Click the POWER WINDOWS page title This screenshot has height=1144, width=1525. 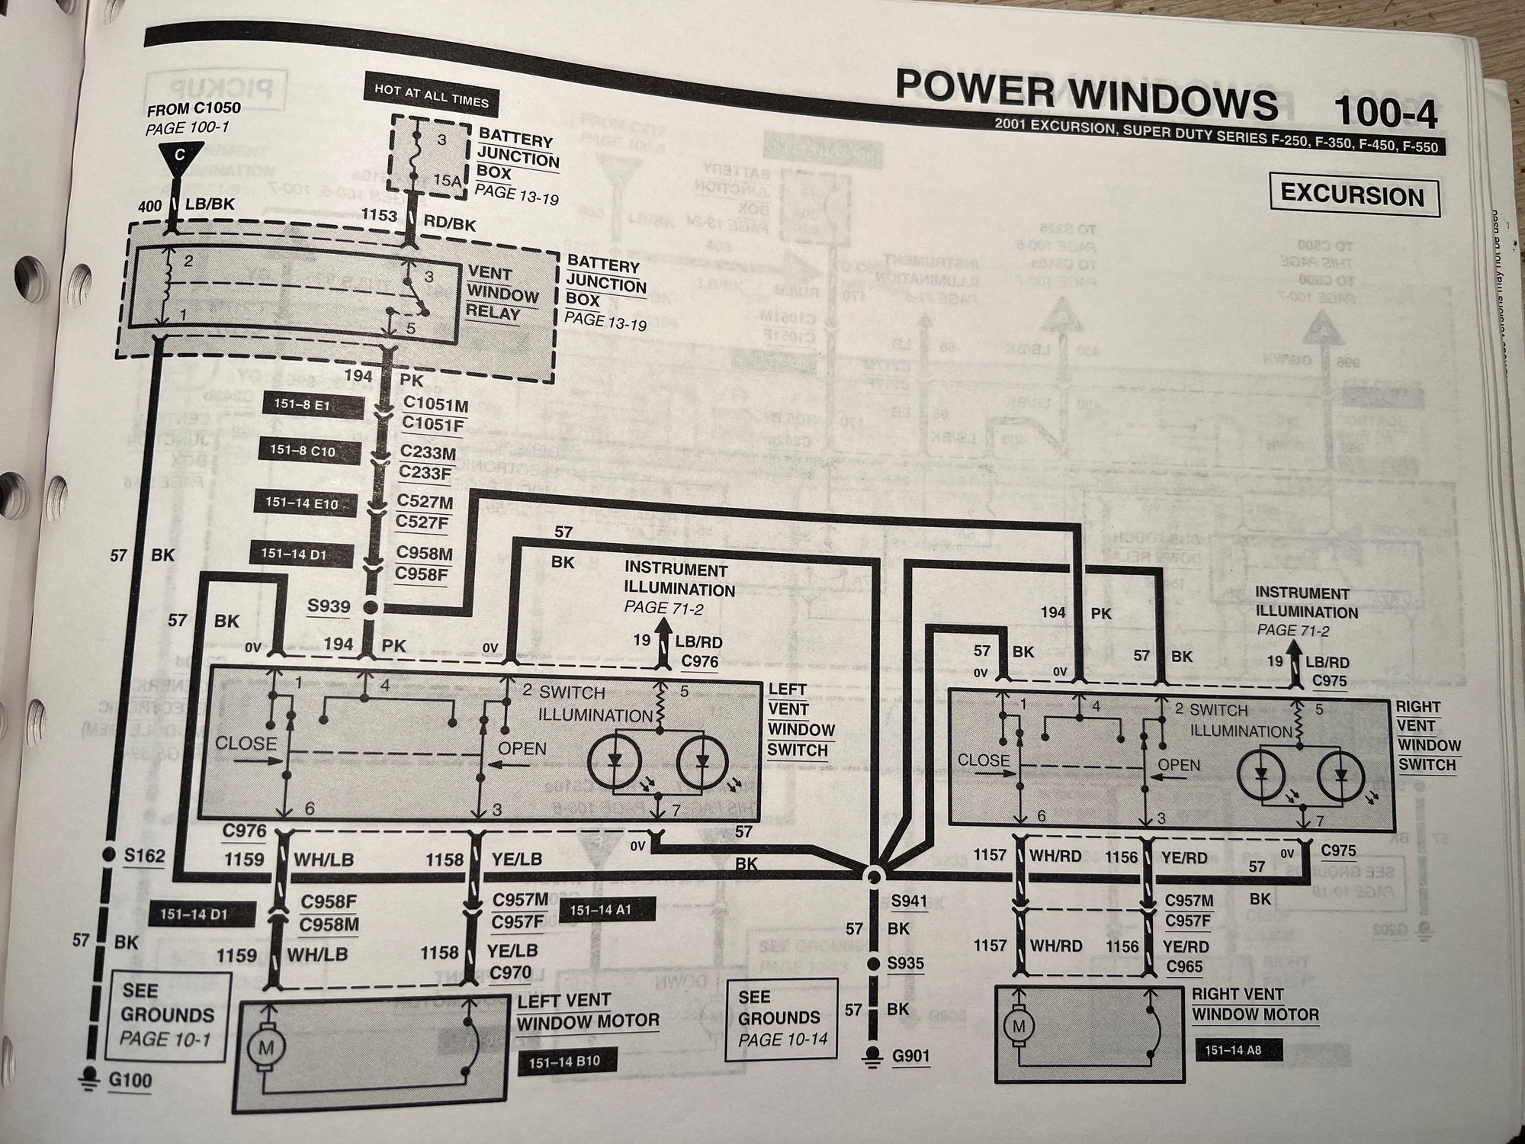click(x=1086, y=100)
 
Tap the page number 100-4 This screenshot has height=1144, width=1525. click(x=1385, y=114)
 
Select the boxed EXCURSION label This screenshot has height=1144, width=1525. click(x=1353, y=195)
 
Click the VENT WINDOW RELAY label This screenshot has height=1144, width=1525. click(x=502, y=294)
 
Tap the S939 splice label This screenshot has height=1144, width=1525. click(x=329, y=606)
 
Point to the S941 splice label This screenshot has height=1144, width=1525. click(x=909, y=901)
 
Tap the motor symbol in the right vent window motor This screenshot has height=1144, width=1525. click(x=1019, y=1026)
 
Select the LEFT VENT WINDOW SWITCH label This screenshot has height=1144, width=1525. click(x=801, y=719)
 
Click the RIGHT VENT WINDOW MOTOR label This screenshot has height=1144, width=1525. click(x=1254, y=1004)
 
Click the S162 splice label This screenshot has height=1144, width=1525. click(x=145, y=856)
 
